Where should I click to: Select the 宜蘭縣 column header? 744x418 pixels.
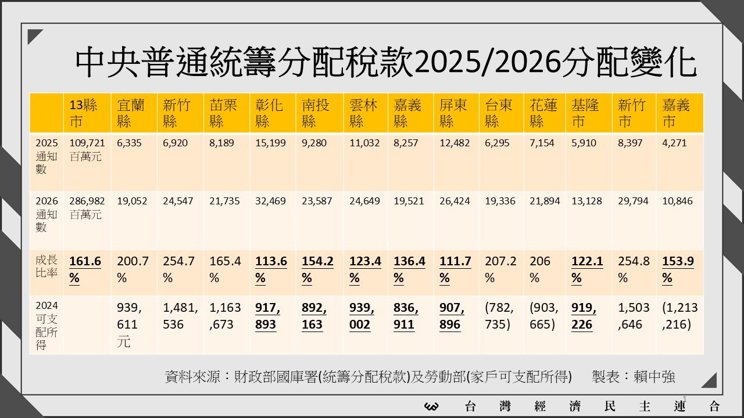[132, 113]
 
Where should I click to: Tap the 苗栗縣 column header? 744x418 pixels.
[225, 113]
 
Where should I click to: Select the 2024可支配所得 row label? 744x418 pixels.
[46, 325]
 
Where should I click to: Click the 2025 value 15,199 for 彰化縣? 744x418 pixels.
[270, 143]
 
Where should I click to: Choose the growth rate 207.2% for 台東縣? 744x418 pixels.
[500, 269]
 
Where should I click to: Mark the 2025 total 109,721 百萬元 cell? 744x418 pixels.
[87, 149]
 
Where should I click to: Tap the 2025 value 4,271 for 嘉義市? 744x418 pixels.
[674, 143]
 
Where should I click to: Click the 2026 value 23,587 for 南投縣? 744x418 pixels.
[317, 201]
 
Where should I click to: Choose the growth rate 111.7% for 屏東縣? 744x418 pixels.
[455, 269]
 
